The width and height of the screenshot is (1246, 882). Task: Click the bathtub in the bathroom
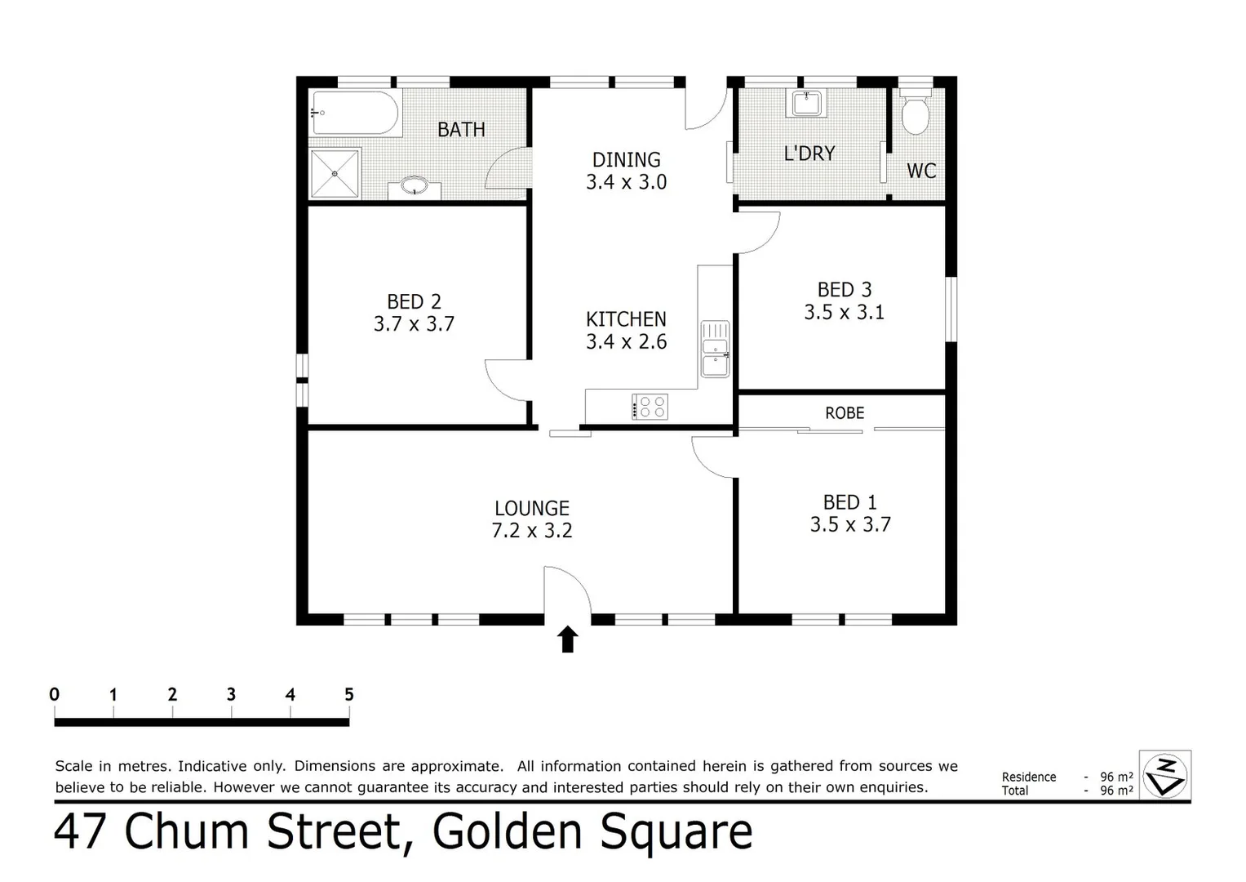(x=356, y=114)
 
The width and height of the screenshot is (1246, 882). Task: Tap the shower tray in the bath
(x=335, y=172)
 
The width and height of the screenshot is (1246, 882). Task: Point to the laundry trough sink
(x=806, y=104)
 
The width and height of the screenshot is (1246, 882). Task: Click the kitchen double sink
(x=716, y=350)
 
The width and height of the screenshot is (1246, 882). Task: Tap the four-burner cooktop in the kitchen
(x=650, y=406)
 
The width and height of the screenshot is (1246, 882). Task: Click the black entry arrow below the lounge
(x=568, y=639)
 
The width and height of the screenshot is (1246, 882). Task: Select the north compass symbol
(x=1165, y=774)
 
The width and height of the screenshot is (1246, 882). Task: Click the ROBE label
(x=845, y=413)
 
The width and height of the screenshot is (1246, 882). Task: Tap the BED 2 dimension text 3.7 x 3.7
(x=414, y=324)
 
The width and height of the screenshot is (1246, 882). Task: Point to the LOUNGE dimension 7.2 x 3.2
(x=532, y=531)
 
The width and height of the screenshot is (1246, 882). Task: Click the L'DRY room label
(x=809, y=154)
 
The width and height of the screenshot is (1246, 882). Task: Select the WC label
(x=921, y=171)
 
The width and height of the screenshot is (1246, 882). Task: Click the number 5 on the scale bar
(x=349, y=695)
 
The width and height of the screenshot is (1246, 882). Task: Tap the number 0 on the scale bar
(x=55, y=695)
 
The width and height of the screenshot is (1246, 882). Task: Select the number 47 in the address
(x=82, y=832)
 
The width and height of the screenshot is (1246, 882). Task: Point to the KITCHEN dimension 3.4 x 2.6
(x=627, y=341)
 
